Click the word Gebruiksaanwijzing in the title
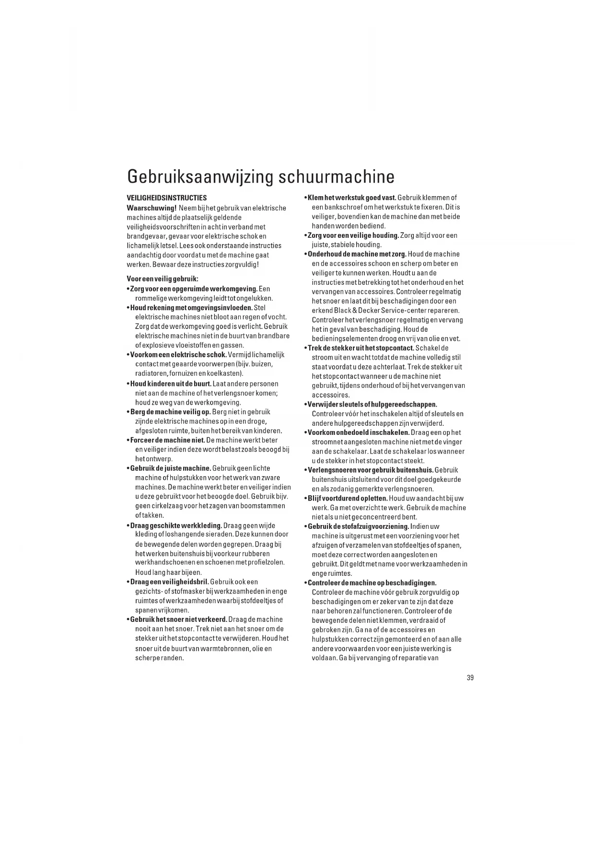(x=200, y=177)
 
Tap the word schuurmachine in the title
(x=337, y=176)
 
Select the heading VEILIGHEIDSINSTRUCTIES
(x=167, y=198)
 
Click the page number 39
(x=470, y=677)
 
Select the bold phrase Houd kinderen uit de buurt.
(x=171, y=384)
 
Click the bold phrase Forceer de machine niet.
(x=168, y=440)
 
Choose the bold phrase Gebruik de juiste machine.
(x=171, y=468)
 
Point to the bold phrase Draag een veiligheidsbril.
(x=169, y=582)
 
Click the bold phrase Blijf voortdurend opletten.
(x=348, y=499)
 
